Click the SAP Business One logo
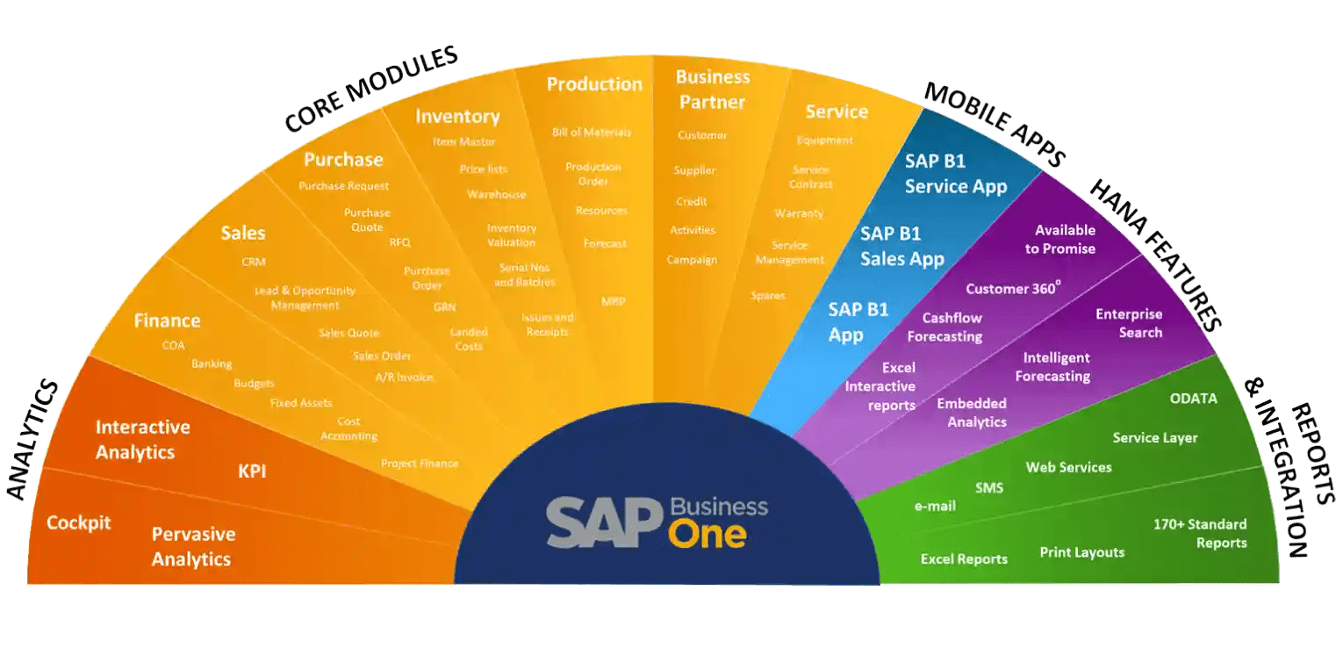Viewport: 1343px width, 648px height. [657, 522]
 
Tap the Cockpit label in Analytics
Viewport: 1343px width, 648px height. [79, 523]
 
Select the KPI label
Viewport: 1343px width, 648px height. [252, 472]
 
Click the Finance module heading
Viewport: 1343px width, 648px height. [167, 320]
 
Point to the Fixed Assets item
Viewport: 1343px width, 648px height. [301, 403]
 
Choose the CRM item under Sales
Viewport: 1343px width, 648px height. [254, 262]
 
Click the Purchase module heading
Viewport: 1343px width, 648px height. [343, 160]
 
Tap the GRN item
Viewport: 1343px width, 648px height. [444, 307]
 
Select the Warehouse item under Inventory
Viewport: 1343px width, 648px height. [497, 194]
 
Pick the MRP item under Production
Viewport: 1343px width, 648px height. [613, 301]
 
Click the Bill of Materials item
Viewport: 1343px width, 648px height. [592, 133]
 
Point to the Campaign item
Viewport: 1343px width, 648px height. [692, 260]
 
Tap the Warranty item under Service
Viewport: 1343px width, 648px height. [799, 213]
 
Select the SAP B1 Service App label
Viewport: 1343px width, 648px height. [956, 174]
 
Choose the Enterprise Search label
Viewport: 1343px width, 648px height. [1129, 323]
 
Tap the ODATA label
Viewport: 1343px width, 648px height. [1193, 399]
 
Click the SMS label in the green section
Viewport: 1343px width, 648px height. [989, 487]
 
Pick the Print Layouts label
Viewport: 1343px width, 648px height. [1081, 552]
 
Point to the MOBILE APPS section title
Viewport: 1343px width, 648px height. [995, 124]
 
